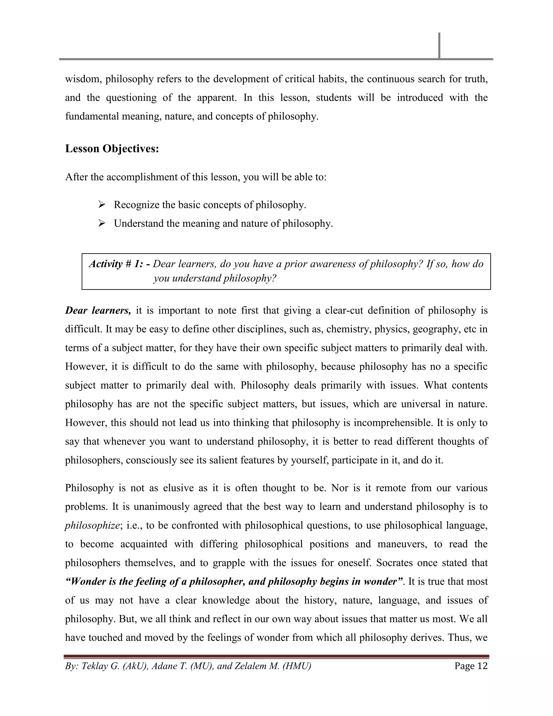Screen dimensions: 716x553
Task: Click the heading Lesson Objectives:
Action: click(112, 149)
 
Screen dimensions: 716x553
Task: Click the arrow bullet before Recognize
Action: click(101, 205)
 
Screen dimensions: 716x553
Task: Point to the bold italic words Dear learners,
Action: click(98, 310)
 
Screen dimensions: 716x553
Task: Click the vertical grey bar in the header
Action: click(439, 46)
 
